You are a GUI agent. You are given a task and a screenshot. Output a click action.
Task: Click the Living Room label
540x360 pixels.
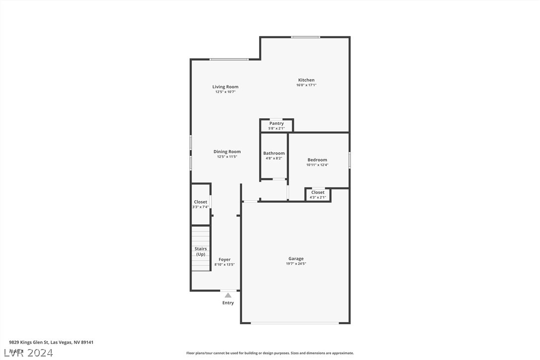pyautogui.click(x=225, y=87)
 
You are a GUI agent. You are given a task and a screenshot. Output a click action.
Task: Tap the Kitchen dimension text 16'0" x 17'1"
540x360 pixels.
pyautogui.click(x=306, y=85)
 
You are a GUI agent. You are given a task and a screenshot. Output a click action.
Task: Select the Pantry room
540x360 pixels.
pyautogui.click(x=276, y=125)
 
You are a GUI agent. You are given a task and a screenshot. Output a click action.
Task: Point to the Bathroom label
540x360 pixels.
pyautogui.click(x=274, y=153)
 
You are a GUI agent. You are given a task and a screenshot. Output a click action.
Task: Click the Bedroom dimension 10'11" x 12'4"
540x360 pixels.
pyautogui.click(x=317, y=165)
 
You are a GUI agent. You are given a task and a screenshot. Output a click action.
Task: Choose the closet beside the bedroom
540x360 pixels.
pyautogui.click(x=318, y=194)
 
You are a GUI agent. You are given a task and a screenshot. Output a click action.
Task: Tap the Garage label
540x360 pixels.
pyautogui.click(x=296, y=259)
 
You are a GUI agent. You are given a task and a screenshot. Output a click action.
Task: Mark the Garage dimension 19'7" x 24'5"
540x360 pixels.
pyautogui.click(x=296, y=264)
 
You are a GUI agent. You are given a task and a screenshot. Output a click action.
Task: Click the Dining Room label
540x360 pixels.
pyautogui.click(x=227, y=152)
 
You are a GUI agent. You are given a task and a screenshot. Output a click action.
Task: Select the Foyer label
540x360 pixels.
pyautogui.click(x=224, y=260)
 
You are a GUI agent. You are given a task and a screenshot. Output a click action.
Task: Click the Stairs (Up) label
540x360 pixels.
pyautogui.click(x=200, y=252)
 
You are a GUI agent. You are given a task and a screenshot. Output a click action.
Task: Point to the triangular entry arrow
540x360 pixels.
pyautogui.click(x=228, y=295)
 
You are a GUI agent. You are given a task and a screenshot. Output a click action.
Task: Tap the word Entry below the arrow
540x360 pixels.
pyautogui.click(x=228, y=303)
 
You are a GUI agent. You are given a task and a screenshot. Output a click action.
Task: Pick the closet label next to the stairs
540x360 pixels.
pyautogui.click(x=200, y=202)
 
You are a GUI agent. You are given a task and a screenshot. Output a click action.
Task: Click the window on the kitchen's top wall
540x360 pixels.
pyautogui.click(x=305, y=37)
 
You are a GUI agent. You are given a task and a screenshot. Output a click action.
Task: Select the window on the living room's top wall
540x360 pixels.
pyautogui.click(x=229, y=60)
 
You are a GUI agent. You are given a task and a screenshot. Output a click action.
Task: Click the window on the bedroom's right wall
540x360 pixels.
pyautogui.click(x=349, y=160)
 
